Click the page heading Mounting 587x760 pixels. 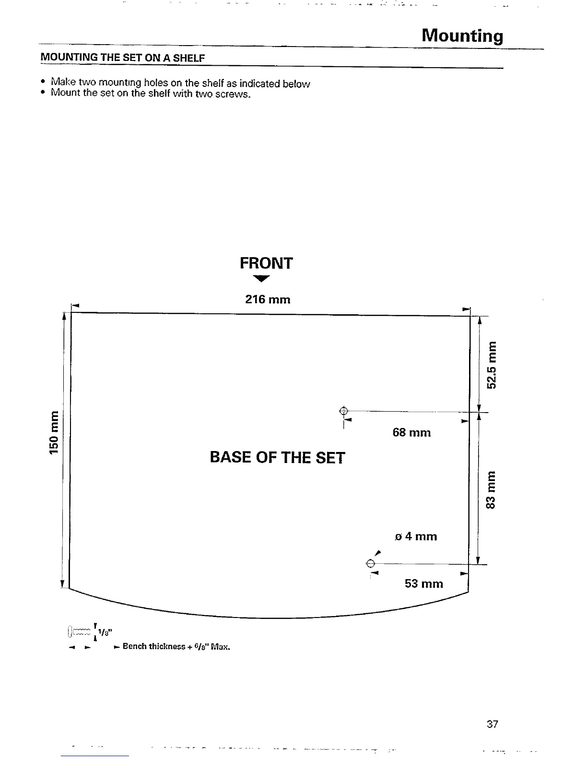point(462,36)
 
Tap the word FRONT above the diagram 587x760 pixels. point(266,263)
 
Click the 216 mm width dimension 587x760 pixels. point(268,300)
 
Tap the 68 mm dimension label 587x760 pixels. point(411,433)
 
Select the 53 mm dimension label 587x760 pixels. point(423,584)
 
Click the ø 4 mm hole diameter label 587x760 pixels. point(416,536)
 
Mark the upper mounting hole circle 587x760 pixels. point(343,411)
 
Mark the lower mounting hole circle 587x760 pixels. point(370,563)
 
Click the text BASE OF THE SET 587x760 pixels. point(277,458)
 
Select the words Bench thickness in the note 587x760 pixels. point(153,647)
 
